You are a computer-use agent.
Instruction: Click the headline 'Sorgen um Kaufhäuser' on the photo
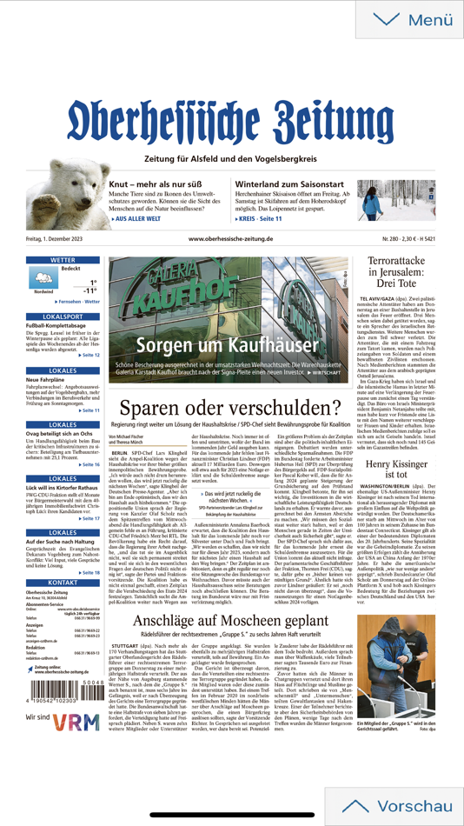point(230,346)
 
